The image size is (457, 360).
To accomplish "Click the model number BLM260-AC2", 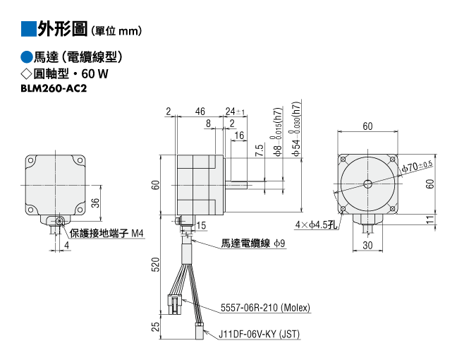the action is pyautogui.click(x=54, y=88).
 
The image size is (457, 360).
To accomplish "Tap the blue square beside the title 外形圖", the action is pyautogui.click(x=28, y=29).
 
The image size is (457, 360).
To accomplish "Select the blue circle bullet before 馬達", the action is pyautogui.click(x=27, y=57).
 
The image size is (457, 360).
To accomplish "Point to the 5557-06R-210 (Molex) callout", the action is pyautogui.click(x=265, y=308).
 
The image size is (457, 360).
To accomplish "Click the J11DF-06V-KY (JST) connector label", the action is pyautogui.click(x=259, y=334).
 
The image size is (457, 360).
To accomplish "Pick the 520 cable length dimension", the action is pyautogui.click(x=157, y=264).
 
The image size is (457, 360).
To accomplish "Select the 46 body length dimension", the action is pyautogui.click(x=200, y=111).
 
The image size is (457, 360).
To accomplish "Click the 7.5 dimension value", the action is pyautogui.click(x=260, y=150).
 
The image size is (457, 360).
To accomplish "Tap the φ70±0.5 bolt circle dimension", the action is pyautogui.click(x=417, y=167).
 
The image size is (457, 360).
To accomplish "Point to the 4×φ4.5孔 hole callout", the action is pyautogui.click(x=317, y=224).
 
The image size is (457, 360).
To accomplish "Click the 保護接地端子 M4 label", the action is pyautogui.click(x=106, y=234).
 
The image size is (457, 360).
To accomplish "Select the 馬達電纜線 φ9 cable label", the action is pyautogui.click(x=253, y=243).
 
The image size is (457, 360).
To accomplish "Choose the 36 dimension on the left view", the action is pyautogui.click(x=96, y=203).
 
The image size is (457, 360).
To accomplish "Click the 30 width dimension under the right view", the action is pyautogui.click(x=367, y=246).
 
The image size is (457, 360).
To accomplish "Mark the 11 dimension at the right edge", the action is pyautogui.click(x=430, y=220).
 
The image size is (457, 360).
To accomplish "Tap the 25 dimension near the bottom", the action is pyautogui.click(x=157, y=326).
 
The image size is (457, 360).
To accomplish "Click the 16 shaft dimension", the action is pyautogui.click(x=239, y=135).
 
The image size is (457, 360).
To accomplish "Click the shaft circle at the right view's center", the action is pyautogui.click(x=368, y=184).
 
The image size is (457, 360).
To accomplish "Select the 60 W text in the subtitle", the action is pyautogui.click(x=95, y=73).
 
